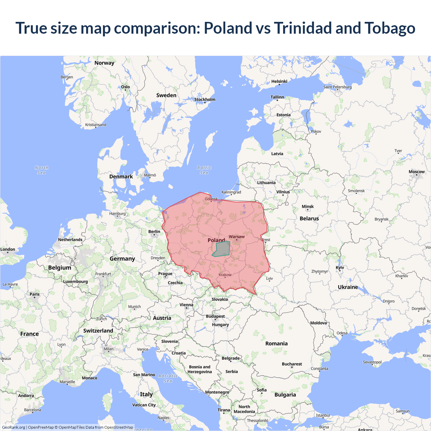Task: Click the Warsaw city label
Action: pos(237,237)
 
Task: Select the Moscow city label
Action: pos(417,172)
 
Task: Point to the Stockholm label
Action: pos(205,99)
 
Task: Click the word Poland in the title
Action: pos(228,28)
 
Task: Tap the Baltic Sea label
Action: pos(204,170)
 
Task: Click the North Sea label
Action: pos(41,170)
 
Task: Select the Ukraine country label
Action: pos(348,287)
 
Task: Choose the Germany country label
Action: pos(122,259)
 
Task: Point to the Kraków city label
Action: pos(225,275)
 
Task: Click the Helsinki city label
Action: pos(279,81)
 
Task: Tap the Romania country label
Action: pos(276,343)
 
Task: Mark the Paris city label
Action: pos(35,294)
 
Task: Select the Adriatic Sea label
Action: pos(168,378)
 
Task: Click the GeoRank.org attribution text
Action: pos(13,427)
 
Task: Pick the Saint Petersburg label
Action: pos(337,87)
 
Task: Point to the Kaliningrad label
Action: pos(231,192)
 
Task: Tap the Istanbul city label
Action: pos(323,415)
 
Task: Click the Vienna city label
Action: pos(186,305)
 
